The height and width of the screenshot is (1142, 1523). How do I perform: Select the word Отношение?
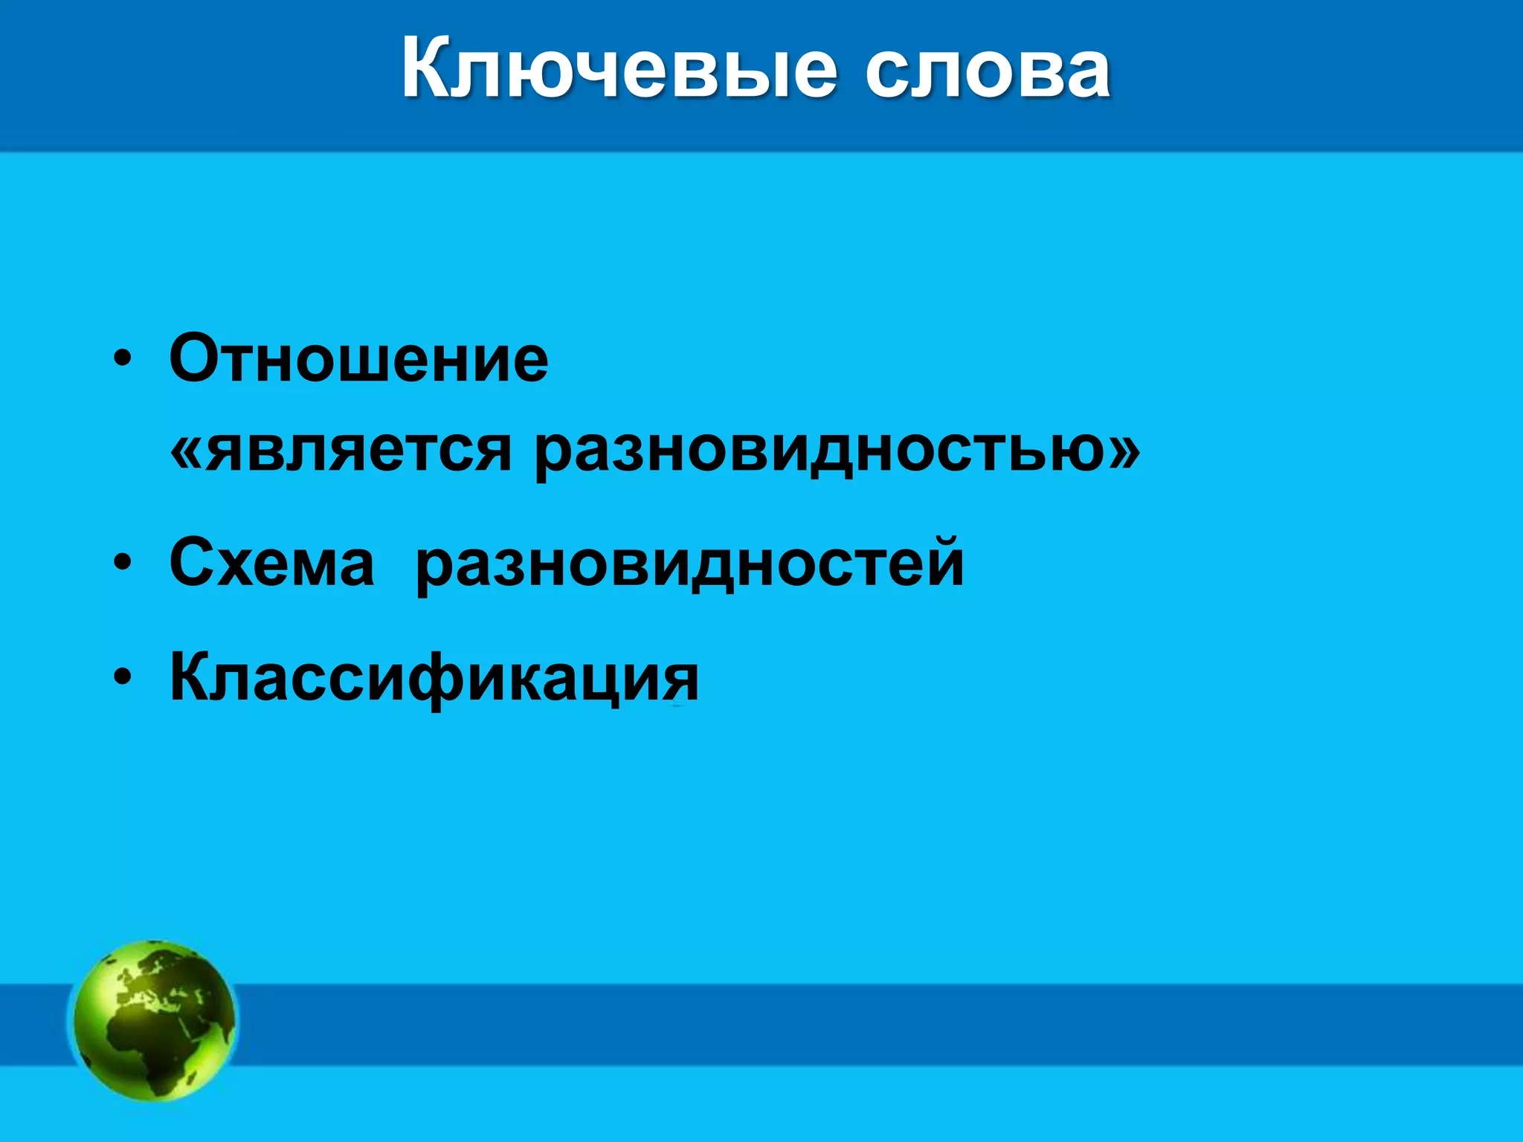(x=358, y=359)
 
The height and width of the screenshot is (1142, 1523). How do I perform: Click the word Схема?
(x=271, y=563)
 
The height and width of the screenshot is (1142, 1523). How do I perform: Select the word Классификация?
(x=434, y=677)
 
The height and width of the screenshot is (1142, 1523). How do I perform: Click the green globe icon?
(x=154, y=1020)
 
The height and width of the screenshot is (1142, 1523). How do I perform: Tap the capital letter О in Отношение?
(x=197, y=359)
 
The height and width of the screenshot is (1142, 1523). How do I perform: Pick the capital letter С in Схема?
(x=194, y=563)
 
